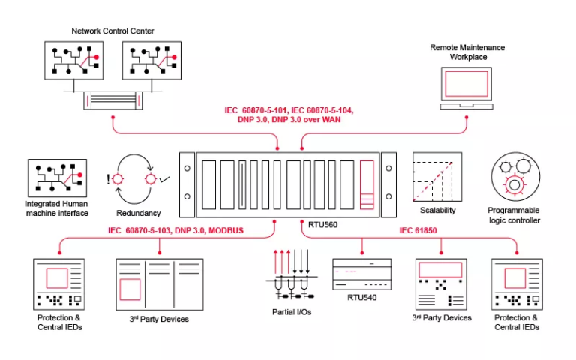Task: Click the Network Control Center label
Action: [112, 31]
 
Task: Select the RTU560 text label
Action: [325, 223]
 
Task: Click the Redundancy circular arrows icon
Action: [139, 180]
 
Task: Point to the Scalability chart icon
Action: [436, 177]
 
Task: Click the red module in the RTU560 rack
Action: [367, 184]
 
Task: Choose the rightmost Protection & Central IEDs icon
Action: [517, 284]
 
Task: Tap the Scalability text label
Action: [436, 211]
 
